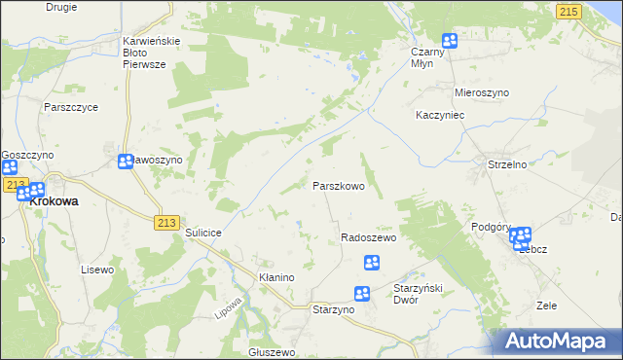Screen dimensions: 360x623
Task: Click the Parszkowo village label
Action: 338,185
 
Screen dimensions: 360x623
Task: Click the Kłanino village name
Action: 275,277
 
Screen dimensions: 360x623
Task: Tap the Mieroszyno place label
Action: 482,92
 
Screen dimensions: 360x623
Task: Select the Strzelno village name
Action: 507,165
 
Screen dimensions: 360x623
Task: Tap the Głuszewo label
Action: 272,352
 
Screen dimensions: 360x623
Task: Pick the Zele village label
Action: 546,306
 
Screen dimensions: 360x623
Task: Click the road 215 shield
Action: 569,11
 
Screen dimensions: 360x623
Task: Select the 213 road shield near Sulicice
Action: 165,223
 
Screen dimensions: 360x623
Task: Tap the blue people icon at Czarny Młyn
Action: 450,41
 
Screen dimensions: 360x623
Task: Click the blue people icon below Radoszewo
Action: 371,262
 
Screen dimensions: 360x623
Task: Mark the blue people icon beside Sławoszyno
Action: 126,162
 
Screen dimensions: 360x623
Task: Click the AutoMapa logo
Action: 558,341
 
